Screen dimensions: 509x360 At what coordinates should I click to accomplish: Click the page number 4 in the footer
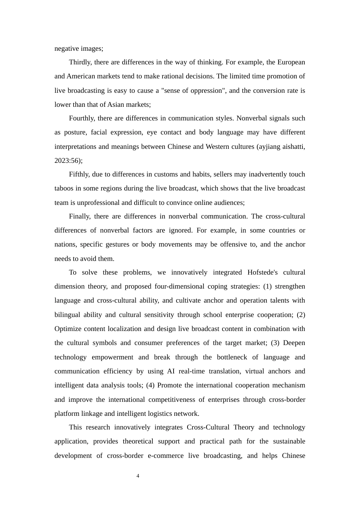tap(138, 476)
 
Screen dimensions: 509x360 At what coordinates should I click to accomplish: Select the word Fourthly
tap(81, 118)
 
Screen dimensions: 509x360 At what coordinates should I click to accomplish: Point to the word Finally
tap(80, 216)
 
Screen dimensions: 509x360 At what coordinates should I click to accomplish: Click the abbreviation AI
tap(171, 371)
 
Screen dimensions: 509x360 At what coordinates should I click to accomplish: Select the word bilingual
tap(67, 315)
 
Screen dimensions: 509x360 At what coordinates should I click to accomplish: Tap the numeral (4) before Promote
tap(150, 385)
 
